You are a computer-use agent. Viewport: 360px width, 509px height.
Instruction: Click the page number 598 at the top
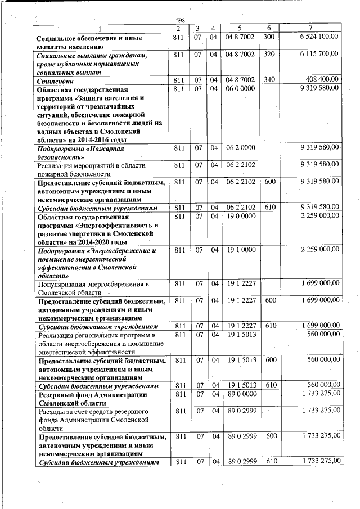click(181, 20)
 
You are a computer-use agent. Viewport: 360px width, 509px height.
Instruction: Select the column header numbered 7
click(310, 28)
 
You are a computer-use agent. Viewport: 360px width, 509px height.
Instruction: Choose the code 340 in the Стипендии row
click(269, 79)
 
